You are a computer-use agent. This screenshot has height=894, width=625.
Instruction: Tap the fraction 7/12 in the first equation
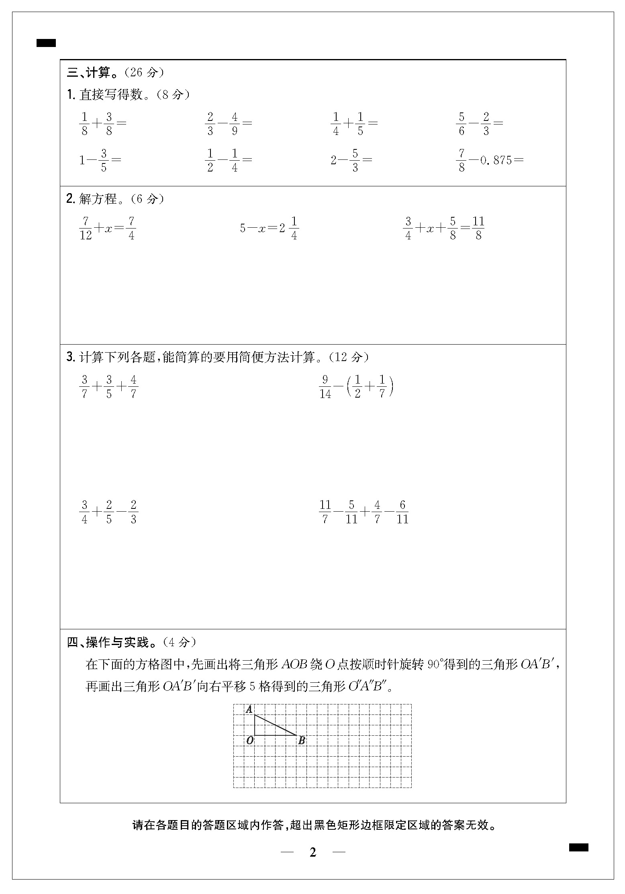pos(86,228)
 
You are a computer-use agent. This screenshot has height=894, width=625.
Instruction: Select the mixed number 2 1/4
pos(289,228)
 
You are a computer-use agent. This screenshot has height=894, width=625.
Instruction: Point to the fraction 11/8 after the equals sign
pos(478,228)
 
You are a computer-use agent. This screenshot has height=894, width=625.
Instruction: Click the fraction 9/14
pos(325,386)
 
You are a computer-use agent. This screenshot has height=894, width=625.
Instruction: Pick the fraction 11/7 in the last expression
pos(325,512)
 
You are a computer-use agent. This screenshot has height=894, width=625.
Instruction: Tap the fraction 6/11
pos(402,512)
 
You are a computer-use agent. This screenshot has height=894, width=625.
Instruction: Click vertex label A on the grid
pos(249,709)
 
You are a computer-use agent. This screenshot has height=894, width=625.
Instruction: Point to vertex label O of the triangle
pos(249,740)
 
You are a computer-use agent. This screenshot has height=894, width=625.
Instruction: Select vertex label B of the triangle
pos(302,741)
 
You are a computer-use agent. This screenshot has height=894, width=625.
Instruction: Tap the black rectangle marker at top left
pos(46,43)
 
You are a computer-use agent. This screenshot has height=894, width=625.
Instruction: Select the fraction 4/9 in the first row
pos(235,124)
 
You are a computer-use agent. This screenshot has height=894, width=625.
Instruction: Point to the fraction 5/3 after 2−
pos(355,160)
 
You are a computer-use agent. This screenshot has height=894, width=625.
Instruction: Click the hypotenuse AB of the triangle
pos(276,725)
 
